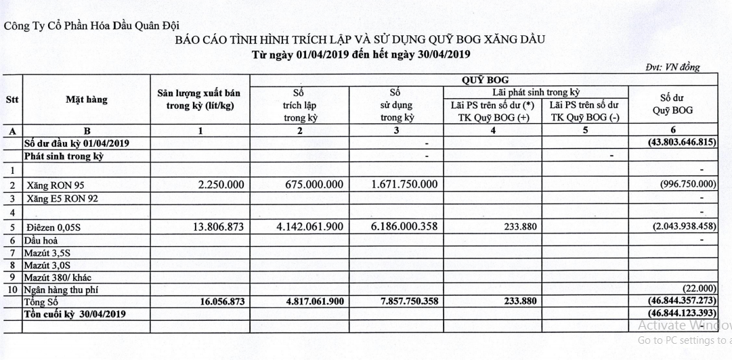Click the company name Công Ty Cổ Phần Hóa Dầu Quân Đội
91,26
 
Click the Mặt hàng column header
86,100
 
